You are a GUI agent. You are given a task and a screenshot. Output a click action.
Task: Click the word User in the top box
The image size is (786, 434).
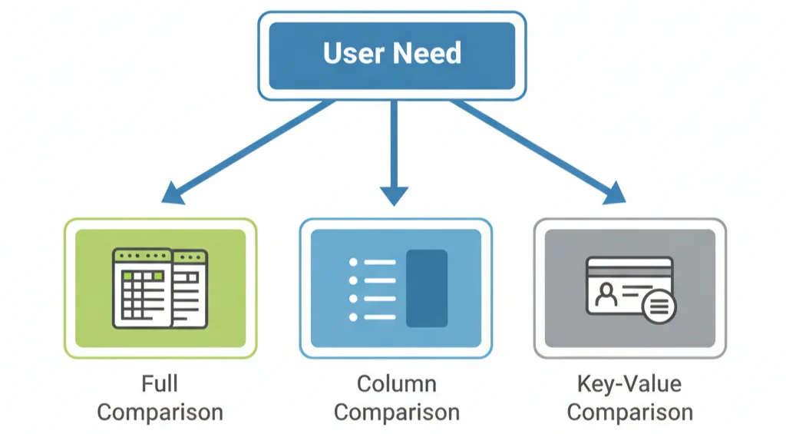pos(355,54)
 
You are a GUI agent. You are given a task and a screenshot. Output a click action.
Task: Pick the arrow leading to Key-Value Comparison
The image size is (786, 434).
pos(537,151)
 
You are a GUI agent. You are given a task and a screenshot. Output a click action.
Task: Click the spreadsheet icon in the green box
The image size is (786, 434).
pos(160,288)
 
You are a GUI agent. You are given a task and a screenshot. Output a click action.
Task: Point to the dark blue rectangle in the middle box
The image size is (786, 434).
pos(427,288)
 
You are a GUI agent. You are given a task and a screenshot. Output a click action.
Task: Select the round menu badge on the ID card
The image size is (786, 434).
pos(659,308)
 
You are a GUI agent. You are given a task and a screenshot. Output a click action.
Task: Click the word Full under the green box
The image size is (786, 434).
pos(160,384)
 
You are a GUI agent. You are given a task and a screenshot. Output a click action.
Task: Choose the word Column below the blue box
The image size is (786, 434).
pos(397,384)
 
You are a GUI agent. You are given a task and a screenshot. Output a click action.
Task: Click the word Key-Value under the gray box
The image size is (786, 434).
pos(629,384)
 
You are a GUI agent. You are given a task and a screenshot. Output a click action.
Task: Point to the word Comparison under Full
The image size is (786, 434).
pos(160,412)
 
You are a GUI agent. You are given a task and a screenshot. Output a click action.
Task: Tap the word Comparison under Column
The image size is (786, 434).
pos(397,412)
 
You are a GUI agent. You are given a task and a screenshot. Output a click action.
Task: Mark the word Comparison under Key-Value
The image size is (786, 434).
pos(629,412)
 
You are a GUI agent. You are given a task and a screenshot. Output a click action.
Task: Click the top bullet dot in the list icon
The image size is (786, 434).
pos(354,262)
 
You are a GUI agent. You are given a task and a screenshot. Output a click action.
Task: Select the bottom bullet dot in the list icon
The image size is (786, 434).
pos(354,316)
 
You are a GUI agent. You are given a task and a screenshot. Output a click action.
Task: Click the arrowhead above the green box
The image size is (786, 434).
pos(173,193)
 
